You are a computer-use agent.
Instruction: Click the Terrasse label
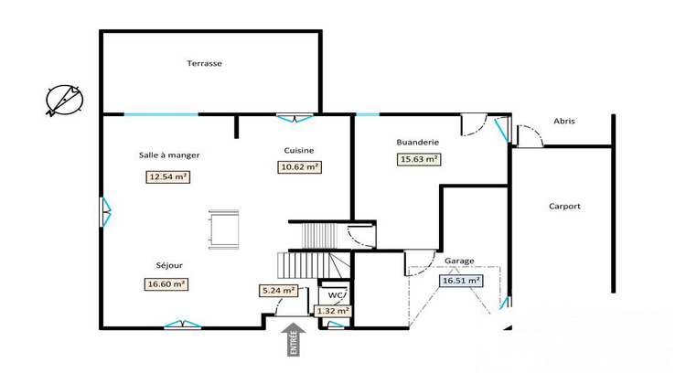[205, 64]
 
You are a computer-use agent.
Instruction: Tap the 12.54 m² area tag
[168, 177]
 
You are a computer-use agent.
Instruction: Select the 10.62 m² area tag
[299, 167]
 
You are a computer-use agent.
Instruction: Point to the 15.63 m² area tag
[419, 159]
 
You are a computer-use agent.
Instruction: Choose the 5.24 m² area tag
[278, 292]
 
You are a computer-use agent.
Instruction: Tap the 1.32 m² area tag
[333, 311]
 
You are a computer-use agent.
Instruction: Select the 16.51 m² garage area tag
[461, 282]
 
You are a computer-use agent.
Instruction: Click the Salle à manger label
[169, 155]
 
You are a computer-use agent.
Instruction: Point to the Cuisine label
[299, 149]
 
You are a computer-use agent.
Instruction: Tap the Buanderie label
[418, 142]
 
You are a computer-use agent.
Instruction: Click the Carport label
[565, 207]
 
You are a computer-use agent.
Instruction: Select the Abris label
[564, 121]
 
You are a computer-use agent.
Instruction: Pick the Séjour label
[169, 265]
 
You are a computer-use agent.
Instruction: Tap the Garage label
[459, 261]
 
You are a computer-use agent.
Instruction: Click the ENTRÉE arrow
[294, 337]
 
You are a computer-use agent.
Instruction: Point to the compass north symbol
[64, 99]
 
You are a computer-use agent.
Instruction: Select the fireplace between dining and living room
[224, 229]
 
